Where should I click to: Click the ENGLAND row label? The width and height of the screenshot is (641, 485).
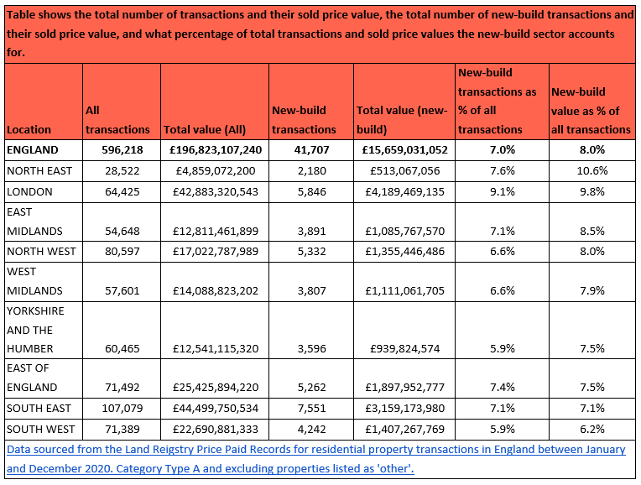(x=33, y=150)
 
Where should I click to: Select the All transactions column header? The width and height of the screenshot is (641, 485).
(x=117, y=120)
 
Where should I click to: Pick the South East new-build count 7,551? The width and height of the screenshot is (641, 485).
(x=308, y=408)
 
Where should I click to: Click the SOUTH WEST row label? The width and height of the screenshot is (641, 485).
(x=40, y=428)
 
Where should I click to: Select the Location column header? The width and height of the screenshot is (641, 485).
(x=29, y=129)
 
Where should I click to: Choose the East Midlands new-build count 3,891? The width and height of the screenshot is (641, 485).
(x=308, y=231)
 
